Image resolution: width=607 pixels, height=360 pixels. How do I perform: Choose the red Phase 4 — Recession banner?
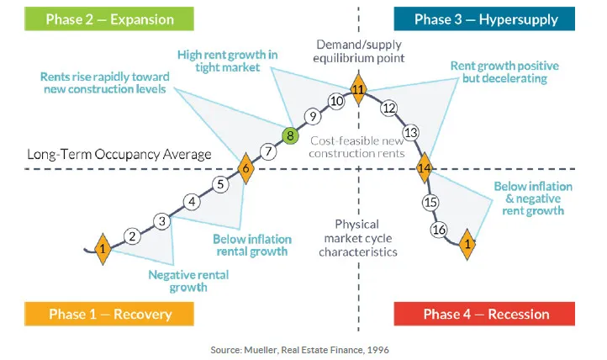(485, 315)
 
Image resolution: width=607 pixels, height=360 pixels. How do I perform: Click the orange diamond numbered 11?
(358, 89)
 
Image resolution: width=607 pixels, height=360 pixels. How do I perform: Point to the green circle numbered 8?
(289, 135)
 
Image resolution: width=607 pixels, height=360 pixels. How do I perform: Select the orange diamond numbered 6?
(245, 169)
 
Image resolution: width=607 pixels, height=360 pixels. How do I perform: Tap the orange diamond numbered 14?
(425, 169)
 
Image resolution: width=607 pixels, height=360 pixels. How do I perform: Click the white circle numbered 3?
(162, 221)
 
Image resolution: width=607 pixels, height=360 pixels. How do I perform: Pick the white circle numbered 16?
(438, 230)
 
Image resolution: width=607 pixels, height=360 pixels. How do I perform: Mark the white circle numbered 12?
(388, 108)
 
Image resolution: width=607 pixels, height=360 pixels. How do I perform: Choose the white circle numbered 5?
(219, 184)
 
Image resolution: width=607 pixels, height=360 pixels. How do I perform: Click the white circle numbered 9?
(312, 117)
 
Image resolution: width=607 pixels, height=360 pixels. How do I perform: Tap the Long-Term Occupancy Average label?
(119, 155)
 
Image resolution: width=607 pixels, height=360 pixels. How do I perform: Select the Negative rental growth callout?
(188, 280)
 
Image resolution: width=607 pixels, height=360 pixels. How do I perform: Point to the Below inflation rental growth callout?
(251, 244)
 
